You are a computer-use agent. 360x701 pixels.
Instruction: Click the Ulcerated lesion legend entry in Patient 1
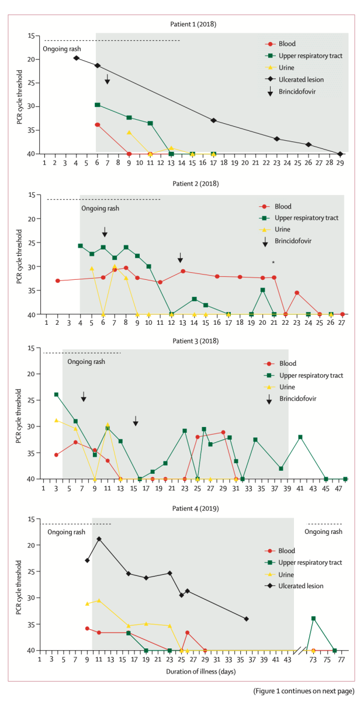coord(299,80)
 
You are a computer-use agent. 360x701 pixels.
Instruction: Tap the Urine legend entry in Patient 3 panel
coord(288,387)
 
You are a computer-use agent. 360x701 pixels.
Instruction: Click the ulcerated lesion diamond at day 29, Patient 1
coord(340,154)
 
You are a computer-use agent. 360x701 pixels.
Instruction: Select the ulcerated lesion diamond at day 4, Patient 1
coord(76,58)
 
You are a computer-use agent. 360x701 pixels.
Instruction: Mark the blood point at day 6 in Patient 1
coord(97,124)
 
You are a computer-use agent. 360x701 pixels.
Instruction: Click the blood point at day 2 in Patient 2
coord(57,280)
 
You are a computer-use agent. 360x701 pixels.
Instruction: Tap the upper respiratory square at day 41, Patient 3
coord(300,437)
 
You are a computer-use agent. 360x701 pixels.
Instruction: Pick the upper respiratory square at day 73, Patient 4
coord(314,618)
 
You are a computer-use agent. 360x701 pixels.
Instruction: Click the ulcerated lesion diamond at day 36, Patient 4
coord(246,619)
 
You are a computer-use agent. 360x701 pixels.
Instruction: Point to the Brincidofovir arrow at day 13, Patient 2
coord(181,258)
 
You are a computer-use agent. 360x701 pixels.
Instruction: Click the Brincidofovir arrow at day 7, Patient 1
coord(108,79)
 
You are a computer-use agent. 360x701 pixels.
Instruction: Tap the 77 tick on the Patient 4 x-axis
coord(341,658)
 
